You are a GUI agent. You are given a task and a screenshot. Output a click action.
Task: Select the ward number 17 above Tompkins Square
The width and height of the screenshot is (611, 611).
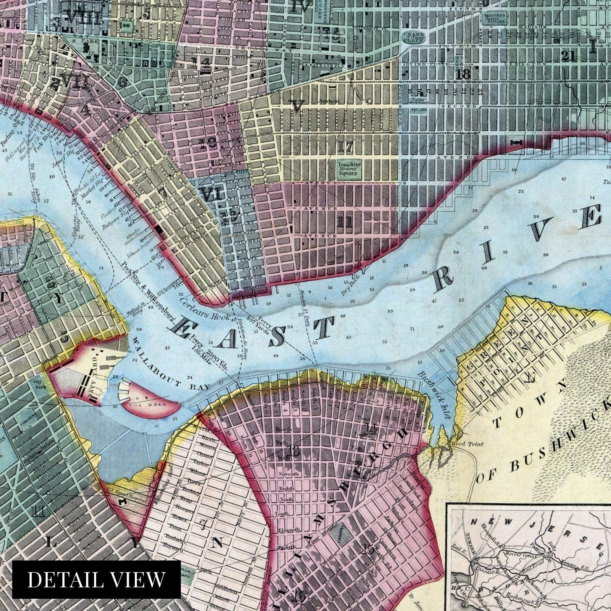tap(344, 145)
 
